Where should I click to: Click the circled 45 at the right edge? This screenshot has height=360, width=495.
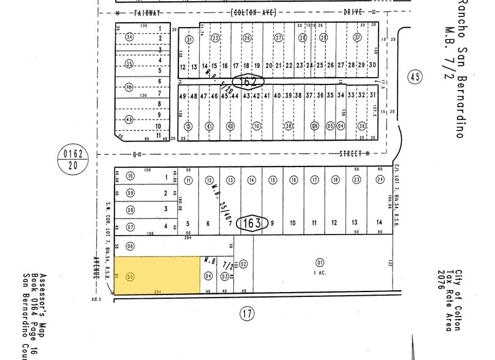[x=415, y=77]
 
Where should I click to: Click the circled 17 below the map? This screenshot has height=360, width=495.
[x=246, y=315]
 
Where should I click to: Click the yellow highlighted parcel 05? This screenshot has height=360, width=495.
[x=157, y=275]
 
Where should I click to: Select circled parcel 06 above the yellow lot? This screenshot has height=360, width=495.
[x=130, y=246]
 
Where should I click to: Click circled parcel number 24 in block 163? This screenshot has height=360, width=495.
[x=380, y=180]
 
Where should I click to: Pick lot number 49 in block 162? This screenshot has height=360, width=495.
[x=183, y=96]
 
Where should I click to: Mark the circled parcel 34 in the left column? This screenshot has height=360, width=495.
[x=129, y=37]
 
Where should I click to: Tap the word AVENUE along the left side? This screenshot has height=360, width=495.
[x=96, y=268]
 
